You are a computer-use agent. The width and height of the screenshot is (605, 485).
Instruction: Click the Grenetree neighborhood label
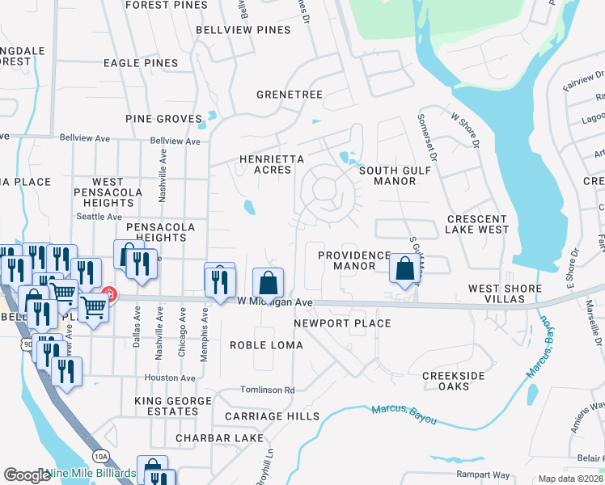290,95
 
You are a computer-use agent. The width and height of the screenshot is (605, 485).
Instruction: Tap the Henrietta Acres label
272,165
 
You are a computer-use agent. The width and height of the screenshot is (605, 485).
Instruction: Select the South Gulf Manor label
387,175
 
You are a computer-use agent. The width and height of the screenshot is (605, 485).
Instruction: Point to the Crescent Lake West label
477,224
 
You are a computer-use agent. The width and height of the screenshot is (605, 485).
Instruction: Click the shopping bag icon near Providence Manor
403,270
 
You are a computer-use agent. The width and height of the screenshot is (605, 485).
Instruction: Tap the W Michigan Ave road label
275,302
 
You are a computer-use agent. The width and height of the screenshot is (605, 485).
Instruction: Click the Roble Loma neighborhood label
266,345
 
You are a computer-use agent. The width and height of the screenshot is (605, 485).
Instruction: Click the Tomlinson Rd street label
267,390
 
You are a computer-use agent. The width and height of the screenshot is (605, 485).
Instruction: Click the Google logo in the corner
27,474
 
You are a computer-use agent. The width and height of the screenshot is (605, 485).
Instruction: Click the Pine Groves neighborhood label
163,119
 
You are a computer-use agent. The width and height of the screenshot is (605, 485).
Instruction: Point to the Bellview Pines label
243,30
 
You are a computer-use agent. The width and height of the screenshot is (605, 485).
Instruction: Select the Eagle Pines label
141,62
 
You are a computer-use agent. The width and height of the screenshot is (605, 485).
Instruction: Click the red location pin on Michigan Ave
110,295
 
